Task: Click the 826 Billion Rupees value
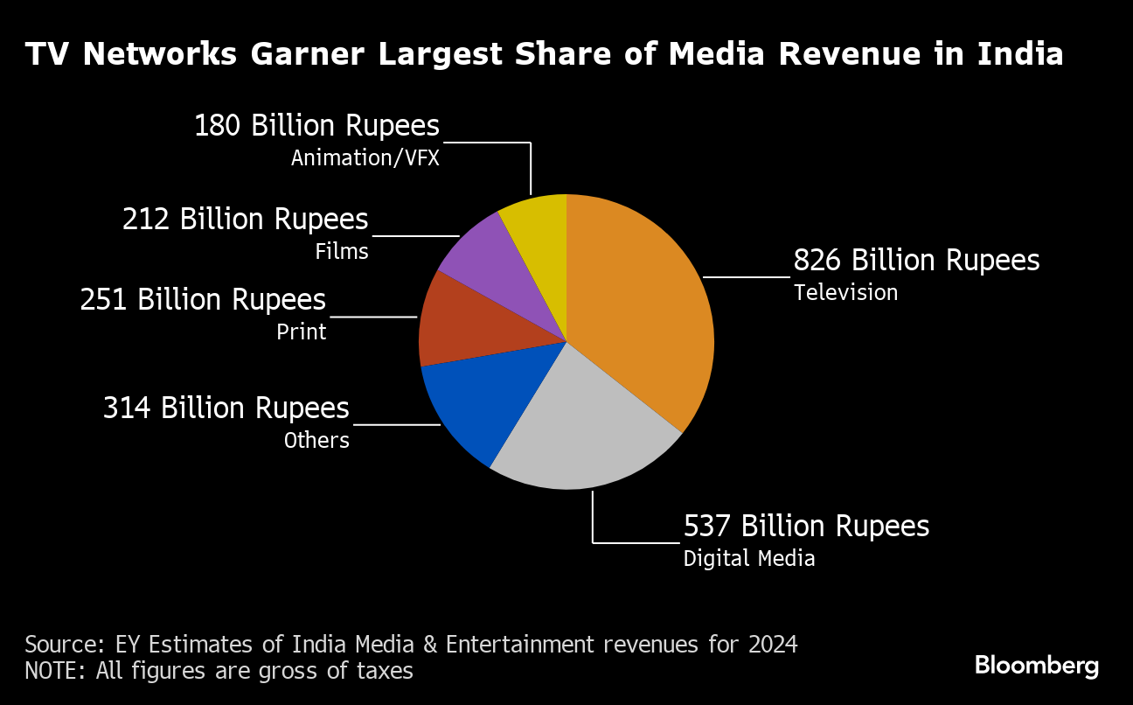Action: pyautogui.click(x=916, y=261)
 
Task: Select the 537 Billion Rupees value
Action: pyautogui.click(x=806, y=527)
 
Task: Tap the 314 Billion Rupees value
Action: pyautogui.click(x=226, y=408)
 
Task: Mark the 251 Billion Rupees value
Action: pyautogui.click(x=203, y=300)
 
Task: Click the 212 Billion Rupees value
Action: pyautogui.click(x=246, y=220)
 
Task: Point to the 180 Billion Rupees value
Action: pyautogui.click(x=316, y=127)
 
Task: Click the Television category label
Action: pyautogui.click(x=845, y=292)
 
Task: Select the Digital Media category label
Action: pyautogui.click(x=749, y=558)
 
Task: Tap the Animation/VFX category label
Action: pyautogui.click(x=365, y=158)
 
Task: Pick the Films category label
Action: pyautogui.click(x=342, y=252)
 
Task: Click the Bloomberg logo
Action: pyautogui.click(x=1037, y=666)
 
